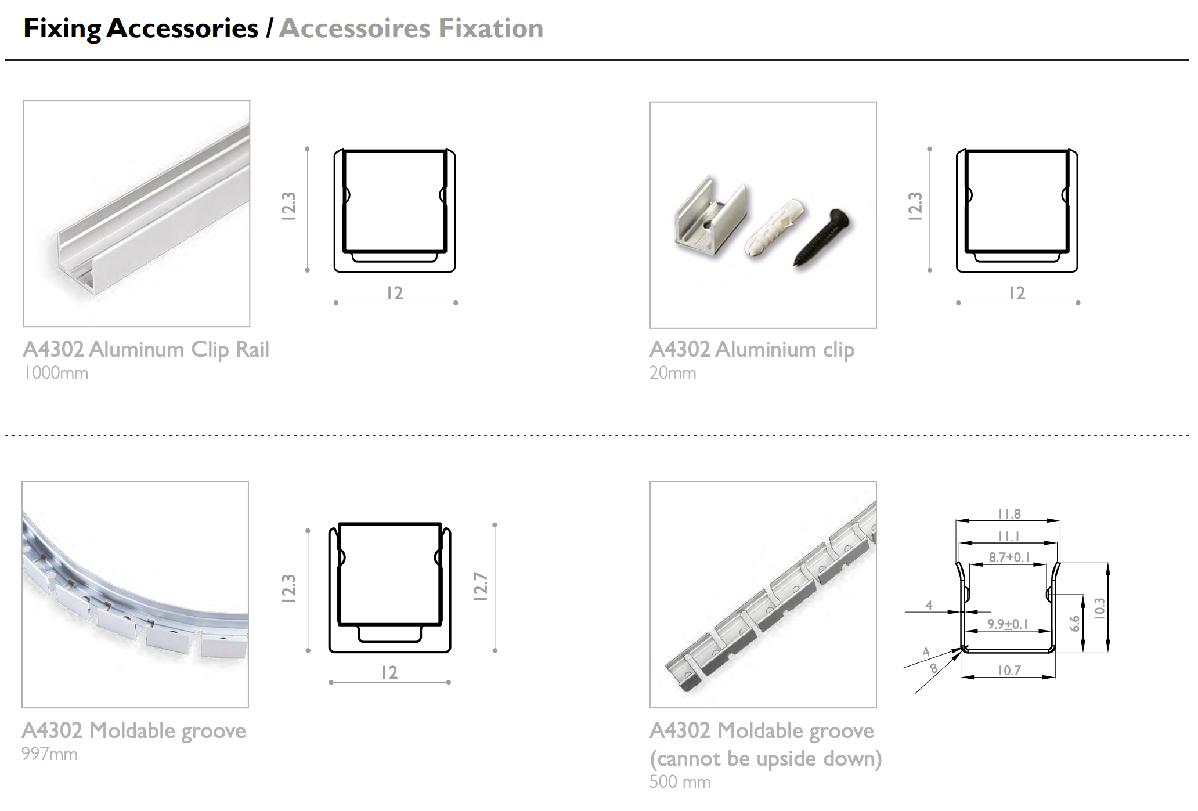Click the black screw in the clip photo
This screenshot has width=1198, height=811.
pos(821,238)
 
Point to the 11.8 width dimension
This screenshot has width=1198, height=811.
pos(1009,514)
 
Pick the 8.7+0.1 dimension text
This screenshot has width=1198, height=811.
pos(1009,557)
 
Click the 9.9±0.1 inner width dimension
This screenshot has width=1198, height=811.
pos(1008,624)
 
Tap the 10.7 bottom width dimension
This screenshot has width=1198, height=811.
pos(1009,671)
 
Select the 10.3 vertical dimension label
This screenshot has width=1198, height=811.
pos(1099,609)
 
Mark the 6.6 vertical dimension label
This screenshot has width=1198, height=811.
pos(1075,624)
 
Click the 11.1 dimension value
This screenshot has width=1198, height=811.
pos(1009,537)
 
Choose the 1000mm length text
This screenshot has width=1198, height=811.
pos(56,373)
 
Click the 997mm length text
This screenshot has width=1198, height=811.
pos(49,754)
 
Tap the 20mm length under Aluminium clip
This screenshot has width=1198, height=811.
pos(673,373)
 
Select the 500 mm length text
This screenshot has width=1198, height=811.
pos(680,782)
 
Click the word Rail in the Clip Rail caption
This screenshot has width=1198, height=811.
pos(252,349)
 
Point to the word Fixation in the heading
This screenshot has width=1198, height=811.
pos(491,28)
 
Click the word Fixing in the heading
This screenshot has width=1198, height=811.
pos(62,29)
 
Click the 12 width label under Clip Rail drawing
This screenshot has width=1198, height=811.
pos(395,293)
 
